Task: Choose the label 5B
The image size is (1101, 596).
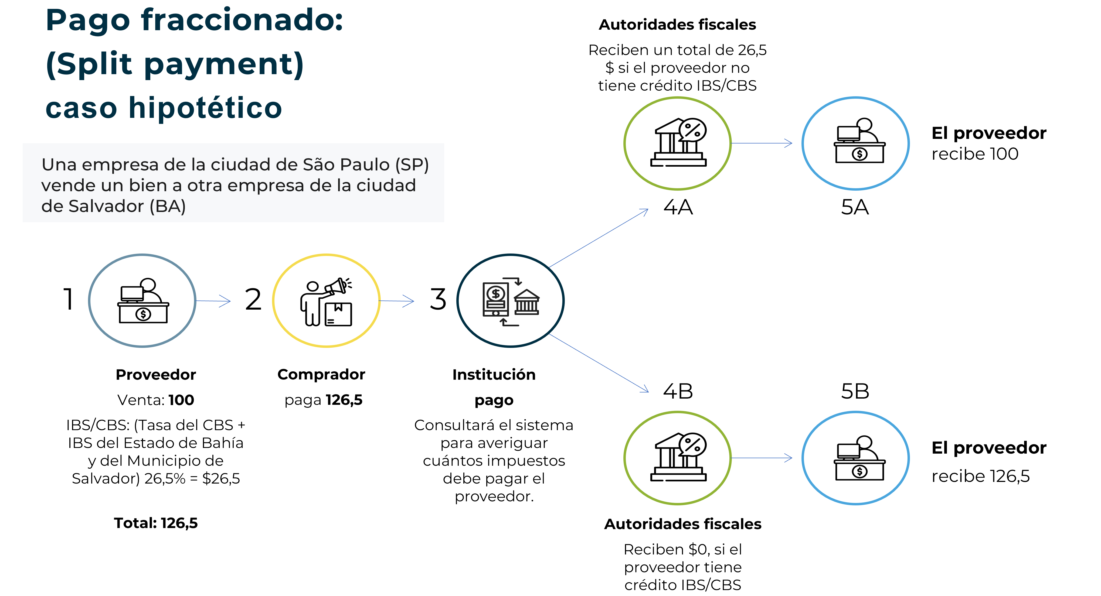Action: click(855, 391)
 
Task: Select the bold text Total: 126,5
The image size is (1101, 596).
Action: click(156, 523)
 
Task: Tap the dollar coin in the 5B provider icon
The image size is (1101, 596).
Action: click(859, 471)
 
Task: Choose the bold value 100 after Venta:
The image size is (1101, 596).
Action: click(181, 400)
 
